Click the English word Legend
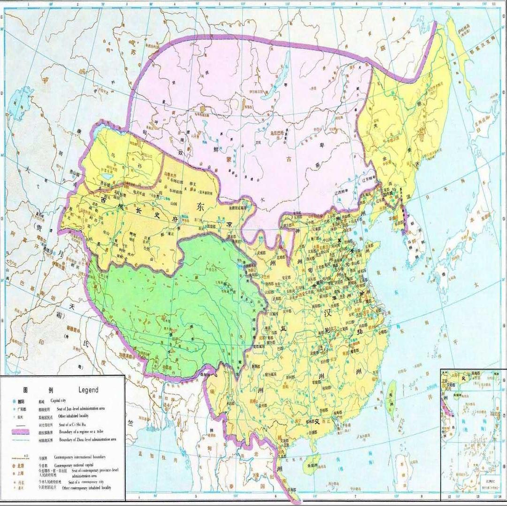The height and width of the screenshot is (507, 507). pyautogui.click(x=88, y=390)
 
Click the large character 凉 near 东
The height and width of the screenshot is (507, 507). pyautogui.click(x=230, y=224)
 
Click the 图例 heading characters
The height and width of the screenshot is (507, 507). pyautogui.click(x=38, y=390)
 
